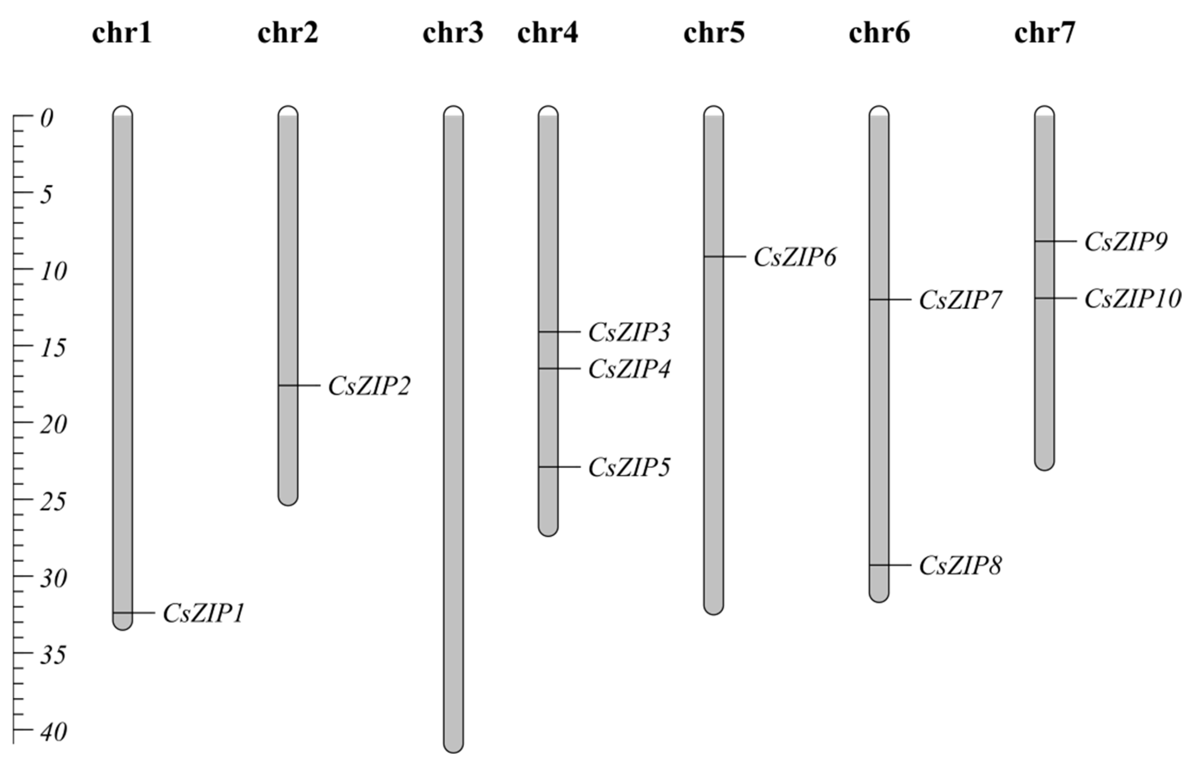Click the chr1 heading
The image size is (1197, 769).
point(122,34)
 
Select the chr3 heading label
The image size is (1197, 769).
point(453,34)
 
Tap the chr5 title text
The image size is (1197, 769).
point(714,34)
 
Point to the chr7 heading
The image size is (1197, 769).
point(1044,34)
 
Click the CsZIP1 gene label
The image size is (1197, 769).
point(204,613)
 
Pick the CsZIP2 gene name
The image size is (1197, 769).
point(369,386)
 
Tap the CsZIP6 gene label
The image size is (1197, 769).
point(795,257)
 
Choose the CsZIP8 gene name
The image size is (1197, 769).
point(960,566)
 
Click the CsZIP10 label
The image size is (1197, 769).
point(1133,299)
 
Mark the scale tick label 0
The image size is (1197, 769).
point(47,119)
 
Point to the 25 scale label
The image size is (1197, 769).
point(53,501)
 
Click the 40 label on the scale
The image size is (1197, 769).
point(53,732)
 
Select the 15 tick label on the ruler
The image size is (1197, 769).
point(53,348)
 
